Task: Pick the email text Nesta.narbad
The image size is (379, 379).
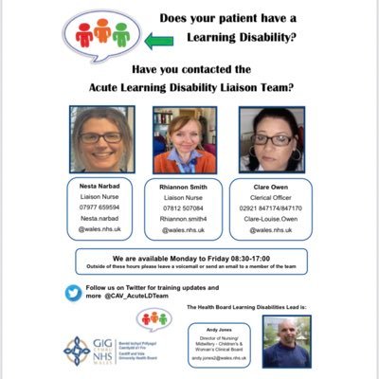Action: pyautogui.click(x=100, y=217)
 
